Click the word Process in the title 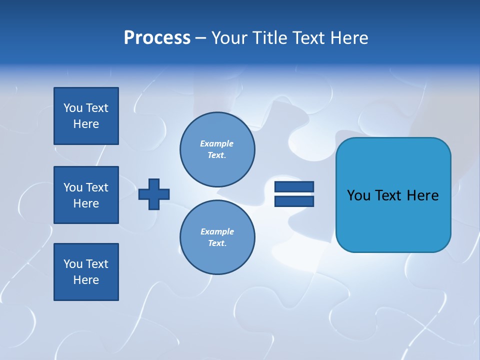point(157,38)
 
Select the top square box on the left point(86,116)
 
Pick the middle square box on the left point(86,195)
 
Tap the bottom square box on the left point(86,272)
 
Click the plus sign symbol point(154,194)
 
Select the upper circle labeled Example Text point(217,149)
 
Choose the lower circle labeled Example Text point(217,237)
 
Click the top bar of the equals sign point(294,186)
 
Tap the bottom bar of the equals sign point(294,201)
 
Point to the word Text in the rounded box point(388,195)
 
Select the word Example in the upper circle point(216,143)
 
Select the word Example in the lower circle point(217,231)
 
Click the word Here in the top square point(86,124)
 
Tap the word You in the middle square point(72,187)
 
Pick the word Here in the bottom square point(86,280)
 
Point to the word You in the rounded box point(358,195)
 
